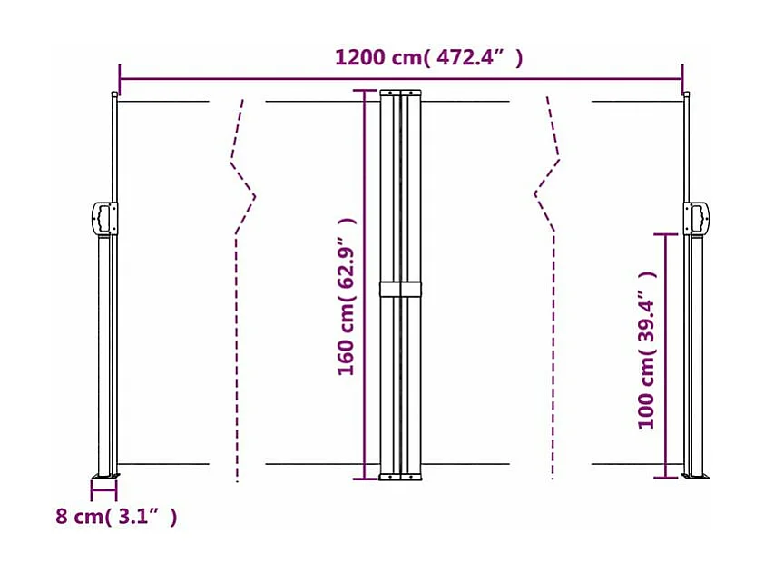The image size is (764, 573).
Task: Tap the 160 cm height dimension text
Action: coord(347,297)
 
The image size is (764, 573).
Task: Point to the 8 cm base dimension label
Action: coord(116,517)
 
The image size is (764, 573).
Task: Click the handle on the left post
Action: coord(102,218)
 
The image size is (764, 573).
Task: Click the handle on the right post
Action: coord(700,218)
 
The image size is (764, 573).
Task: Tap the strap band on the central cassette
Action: coord(400,290)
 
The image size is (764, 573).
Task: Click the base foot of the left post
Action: coord(103,476)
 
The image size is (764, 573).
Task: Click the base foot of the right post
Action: coord(697,475)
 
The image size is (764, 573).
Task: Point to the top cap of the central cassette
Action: coord(400,93)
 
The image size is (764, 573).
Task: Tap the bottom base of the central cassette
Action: coord(400,476)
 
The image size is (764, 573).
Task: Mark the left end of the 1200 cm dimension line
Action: coord(120,78)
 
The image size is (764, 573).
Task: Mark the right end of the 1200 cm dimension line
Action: coord(682,78)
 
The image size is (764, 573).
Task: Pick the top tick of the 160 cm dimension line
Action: coord(366,91)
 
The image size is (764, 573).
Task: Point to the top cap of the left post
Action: coord(114,94)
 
